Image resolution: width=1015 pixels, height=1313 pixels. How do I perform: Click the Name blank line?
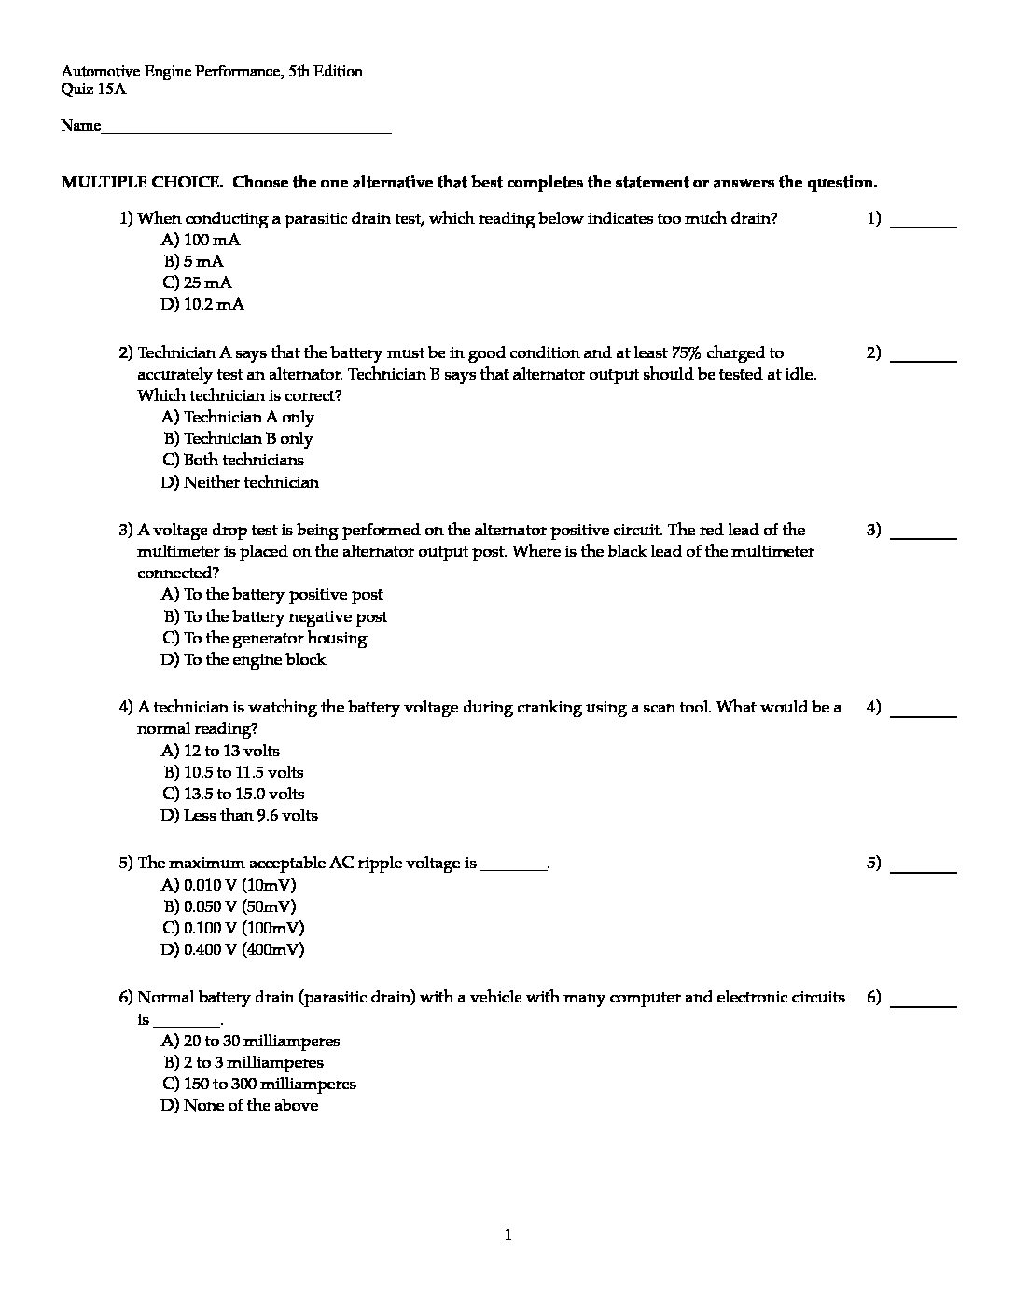pyautogui.click(x=246, y=132)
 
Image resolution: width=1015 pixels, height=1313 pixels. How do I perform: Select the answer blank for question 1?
pyautogui.click(x=924, y=226)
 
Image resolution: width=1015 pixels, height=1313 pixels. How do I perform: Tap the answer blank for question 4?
pyautogui.click(x=924, y=714)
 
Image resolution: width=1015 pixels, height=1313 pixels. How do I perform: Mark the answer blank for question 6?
pyautogui.click(x=924, y=1004)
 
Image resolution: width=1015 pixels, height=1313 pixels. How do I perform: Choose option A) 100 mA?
pyautogui.click(x=201, y=241)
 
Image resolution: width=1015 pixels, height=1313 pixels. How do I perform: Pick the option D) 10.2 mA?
pyautogui.click(x=202, y=305)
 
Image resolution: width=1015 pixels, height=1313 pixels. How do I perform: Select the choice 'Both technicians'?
pyautogui.click(x=233, y=461)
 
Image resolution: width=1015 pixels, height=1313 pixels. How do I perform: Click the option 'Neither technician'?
pyautogui.click(x=240, y=483)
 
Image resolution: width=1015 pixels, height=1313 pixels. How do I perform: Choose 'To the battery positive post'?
pyautogui.click(x=271, y=595)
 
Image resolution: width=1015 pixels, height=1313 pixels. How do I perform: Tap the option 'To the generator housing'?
pyautogui.click(x=264, y=639)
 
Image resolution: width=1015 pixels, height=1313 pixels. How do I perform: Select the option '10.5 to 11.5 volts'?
pyautogui.click(x=232, y=773)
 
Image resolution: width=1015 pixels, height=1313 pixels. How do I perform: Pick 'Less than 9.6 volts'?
pyautogui.click(x=239, y=816)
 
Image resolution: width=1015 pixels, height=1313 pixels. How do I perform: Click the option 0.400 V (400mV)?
pyautogui.click(x=232, y=950)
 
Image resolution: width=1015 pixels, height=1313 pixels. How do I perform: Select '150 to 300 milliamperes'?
pyautogui.click(x=258, y=1085)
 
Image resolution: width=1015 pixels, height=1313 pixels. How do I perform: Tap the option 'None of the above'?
pyautogui.click(x=239, y=1106)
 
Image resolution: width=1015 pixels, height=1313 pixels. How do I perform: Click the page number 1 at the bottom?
pyautogui.click(x=507, y=1237)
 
